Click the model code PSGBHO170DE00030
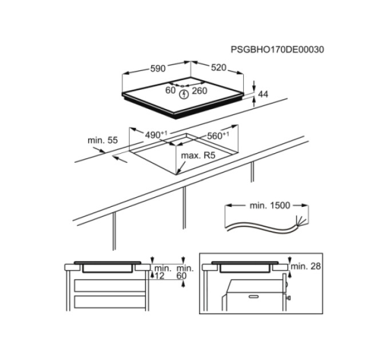277,50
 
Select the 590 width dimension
158,69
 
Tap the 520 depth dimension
219,67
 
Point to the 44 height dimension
263,94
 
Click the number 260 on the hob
200,91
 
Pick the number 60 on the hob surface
170,90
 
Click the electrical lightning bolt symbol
184,94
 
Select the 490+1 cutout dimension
156,134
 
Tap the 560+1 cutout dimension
218,135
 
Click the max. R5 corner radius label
199,155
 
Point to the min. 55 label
102,140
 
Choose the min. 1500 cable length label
269,205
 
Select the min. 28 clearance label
305,266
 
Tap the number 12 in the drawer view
159,275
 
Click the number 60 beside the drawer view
181,275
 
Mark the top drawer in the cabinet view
110,285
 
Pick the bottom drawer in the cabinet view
110,302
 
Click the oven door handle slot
253,297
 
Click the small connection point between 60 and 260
182,86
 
